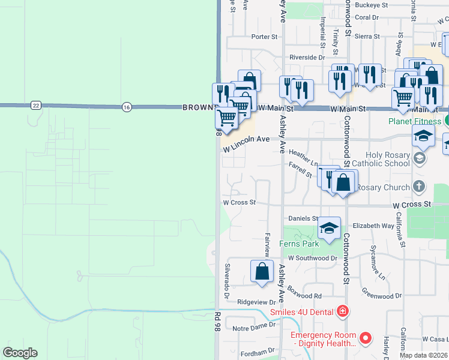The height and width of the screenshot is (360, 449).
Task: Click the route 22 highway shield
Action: [x=36, y=106]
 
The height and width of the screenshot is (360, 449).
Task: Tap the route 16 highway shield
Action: [x=125, y=106]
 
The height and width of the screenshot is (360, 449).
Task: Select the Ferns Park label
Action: [x=299, y=244]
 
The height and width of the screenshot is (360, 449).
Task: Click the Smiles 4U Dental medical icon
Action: [x=342, y=311]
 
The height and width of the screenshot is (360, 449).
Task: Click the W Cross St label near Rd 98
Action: [x=240, y=203]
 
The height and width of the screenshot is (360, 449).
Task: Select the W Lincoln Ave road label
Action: [x=247, y=143]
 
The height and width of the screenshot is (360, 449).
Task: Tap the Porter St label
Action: [x=264, y=37]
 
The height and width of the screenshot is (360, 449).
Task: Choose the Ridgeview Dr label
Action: [x=256, y=302]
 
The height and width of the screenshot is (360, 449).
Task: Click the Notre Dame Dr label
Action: [x=253, y=328]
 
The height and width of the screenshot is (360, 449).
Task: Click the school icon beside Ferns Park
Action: [x=329, y=229]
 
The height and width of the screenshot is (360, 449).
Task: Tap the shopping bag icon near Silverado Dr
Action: [x=262, y=271]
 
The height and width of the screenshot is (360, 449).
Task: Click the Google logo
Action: [x=20, y=353]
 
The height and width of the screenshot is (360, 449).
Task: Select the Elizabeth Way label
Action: [x=373, y=226]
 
